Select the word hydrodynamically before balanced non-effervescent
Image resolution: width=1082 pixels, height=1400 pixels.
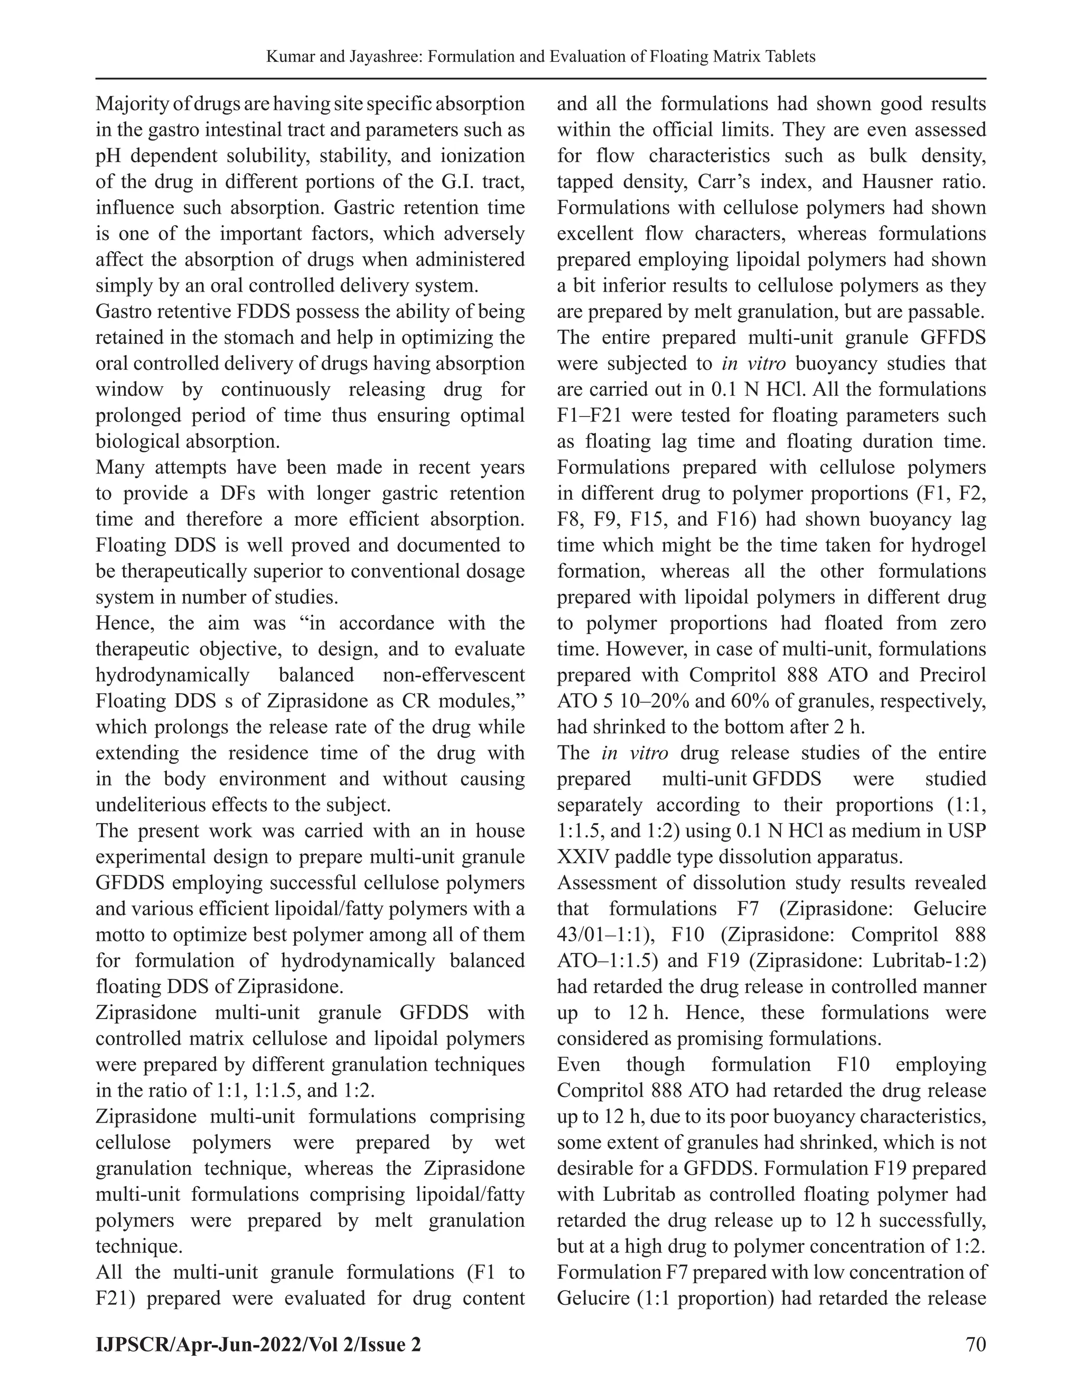pyautogui.click(x=172, y=675)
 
